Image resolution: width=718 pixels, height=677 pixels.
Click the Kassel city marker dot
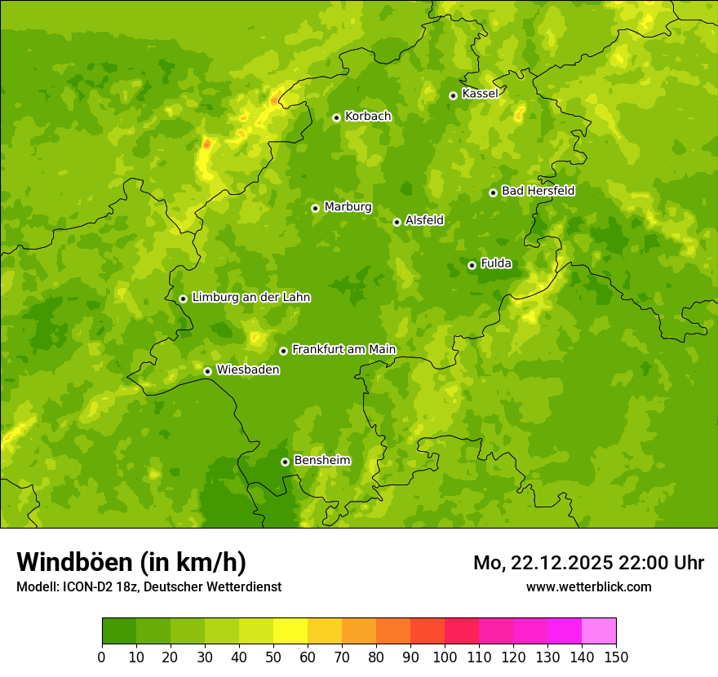(x=453, y=95)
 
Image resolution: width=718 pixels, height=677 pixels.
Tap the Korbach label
(x=368, y=117)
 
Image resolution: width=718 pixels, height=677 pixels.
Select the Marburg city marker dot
(x=315, y=208)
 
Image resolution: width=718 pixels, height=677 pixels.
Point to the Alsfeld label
(x=424, y=220)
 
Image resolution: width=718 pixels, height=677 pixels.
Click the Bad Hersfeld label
(x=538, y=191)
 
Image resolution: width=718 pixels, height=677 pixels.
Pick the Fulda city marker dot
(x=472, y=265)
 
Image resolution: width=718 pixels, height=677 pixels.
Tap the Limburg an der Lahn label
(x=250, y=298)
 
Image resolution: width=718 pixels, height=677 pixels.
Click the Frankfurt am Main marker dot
(x=283, y=351)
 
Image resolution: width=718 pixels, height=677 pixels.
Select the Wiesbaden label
(x=248, y=369)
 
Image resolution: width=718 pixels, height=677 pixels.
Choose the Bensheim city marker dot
(x=285, y=462)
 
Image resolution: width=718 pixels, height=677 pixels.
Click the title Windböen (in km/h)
(x=131, y=562)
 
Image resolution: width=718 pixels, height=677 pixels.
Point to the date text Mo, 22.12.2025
(x=543, y=563)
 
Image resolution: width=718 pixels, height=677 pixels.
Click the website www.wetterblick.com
(x=588, y=586)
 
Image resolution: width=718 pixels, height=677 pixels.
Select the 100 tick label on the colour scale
(x=445, y=657)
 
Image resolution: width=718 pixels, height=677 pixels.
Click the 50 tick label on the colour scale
(x=273, y=657)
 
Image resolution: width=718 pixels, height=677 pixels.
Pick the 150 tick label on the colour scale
(x=616, y=657)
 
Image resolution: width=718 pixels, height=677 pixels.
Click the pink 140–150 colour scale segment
(x=599, y=631)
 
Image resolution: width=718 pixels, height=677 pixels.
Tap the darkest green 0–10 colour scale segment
(x=119, y=631)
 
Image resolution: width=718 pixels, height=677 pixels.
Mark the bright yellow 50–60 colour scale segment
(x=290, y=631)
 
